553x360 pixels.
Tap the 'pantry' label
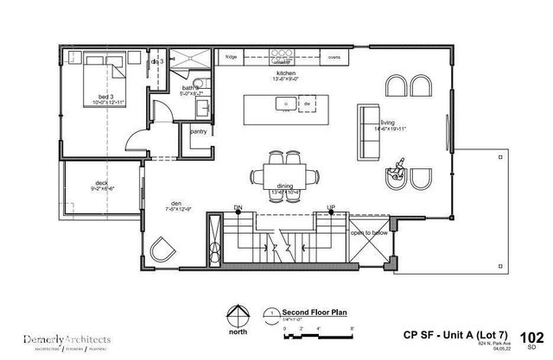point(198,132)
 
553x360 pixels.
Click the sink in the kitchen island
point(283,104)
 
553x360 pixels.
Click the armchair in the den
point(160,251)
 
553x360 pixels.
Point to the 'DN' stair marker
point(238,208)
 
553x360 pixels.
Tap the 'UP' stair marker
point(329,208)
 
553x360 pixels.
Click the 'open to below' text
point(371,232)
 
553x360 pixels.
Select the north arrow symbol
point(232,315)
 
